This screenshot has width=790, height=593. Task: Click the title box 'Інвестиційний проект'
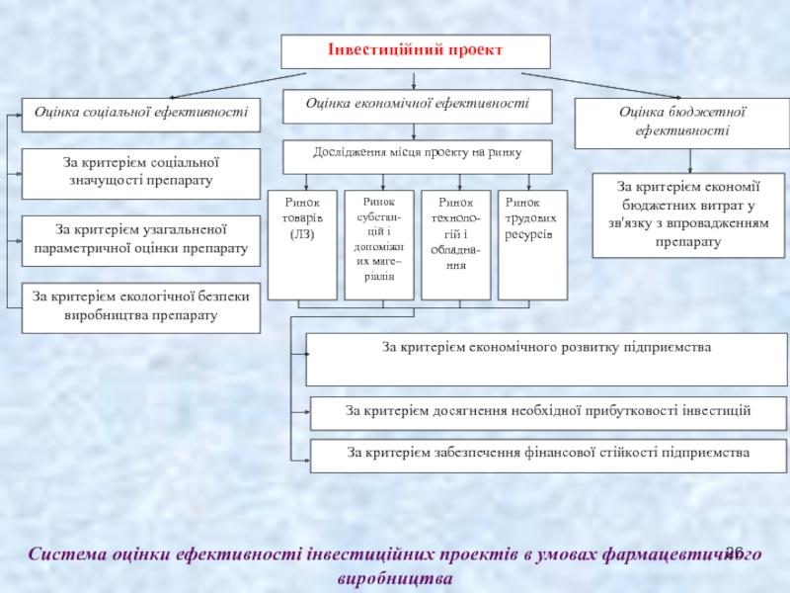[x=416, y=50]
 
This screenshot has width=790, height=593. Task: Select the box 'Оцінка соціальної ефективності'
[x=141, y=115]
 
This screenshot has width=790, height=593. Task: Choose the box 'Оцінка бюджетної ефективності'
[x=682, y=122]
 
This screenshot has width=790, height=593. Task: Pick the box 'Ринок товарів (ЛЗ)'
[x=302, y=244]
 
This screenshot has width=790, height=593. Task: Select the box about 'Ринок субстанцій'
[x=379, y=244]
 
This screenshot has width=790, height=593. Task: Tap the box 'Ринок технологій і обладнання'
[x=455, y=244]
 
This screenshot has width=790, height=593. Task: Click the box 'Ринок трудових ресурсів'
[x=532, y=244]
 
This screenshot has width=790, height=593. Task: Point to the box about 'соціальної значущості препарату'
[x=141, y=174]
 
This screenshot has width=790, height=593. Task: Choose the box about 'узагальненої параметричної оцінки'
[x=141, y=240]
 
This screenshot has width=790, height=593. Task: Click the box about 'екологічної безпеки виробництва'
[x=141, y=306]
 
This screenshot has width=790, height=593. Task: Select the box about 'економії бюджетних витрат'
[x=688, y=214]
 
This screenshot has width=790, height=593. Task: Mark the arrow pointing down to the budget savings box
[x=689, y=160]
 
